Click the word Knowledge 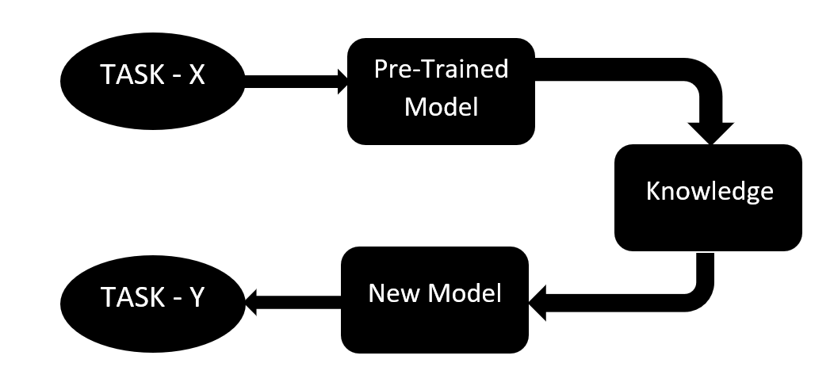tap(709, 191)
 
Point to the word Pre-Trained tap(441, 70)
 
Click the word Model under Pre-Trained tap(441, 106)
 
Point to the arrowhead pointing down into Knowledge tap(708, 131)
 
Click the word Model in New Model tap(467, 294)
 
